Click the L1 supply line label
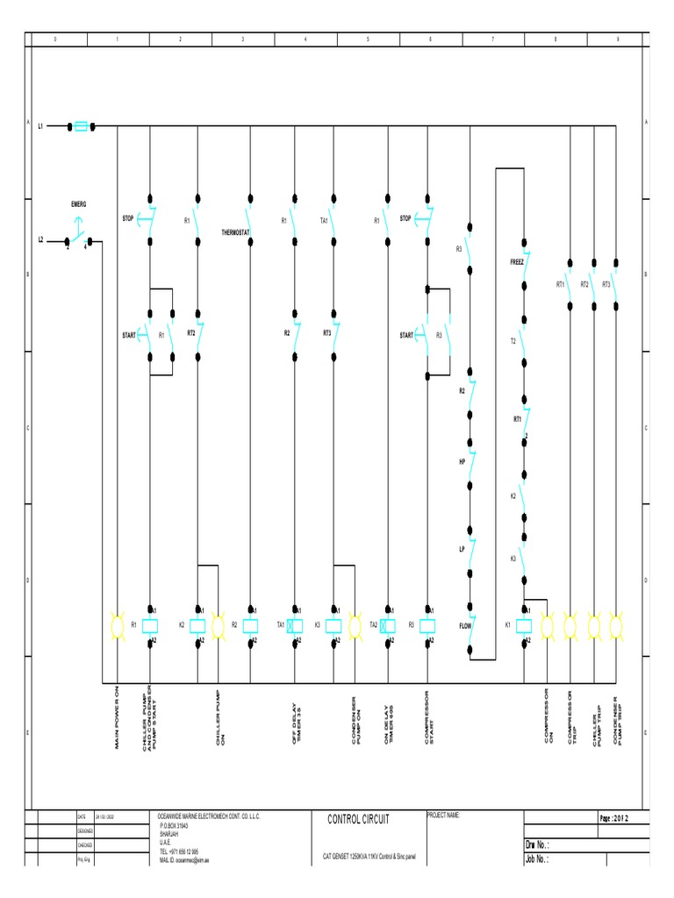click(x=40, y=126)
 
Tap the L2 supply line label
click(x=40, y=239)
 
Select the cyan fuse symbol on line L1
click(x=82, y=126)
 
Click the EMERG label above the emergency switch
click(x=79, y=204)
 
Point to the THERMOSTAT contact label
click(x=236, y=233)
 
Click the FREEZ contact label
click(x=516, y=262)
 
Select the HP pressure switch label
click(x=462, y=460)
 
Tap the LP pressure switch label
click(x=462, y=549)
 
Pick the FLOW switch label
click(x=465, y=626)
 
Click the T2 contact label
click(x=513, y=340)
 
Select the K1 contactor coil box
click(x=524, y=625)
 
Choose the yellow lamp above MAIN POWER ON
click(x=116, y=625)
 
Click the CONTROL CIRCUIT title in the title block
click(x=357, y=819)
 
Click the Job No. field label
click(x=536, y=860)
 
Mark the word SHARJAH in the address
click(x=170, y=834)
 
